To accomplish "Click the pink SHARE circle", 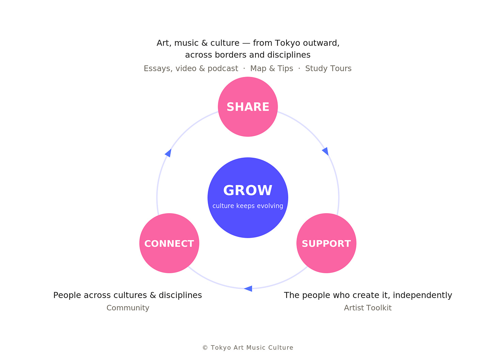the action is pos(248,107).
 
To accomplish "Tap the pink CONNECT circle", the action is pos(169,243).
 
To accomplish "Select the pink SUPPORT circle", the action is pos(326,243).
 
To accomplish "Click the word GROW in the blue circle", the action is pos(248,190).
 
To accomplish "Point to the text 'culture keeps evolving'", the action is pos(248,206).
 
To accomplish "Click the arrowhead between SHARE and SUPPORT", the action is pos(326,151).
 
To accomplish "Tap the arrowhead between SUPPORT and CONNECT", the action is pos(248,289).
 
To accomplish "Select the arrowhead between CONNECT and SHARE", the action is pos(169,153).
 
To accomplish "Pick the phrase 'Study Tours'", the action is pos(328,68).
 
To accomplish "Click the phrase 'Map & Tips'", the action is pos(272,68).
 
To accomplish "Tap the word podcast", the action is pos(223,68).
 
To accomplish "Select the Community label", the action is pos(128,308).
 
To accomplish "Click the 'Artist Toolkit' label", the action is pos(368,308).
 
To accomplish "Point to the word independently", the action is pos(422,295).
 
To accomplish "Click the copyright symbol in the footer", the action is pos(205,348).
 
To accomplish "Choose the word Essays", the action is pos(158,68).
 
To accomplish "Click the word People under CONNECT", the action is pos(67,295).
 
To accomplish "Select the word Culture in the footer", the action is pos(281,348).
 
